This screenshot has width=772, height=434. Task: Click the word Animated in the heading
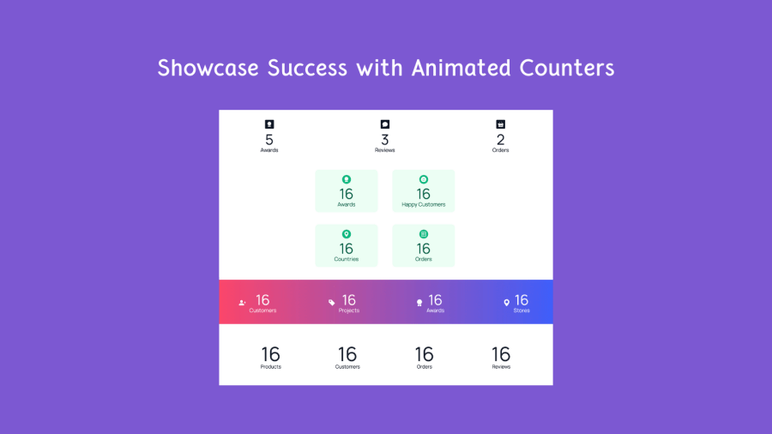[x=461, y=68]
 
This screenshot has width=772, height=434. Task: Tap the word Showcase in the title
[x=208, y=68]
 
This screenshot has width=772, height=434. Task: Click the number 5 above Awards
[x=269, y=140]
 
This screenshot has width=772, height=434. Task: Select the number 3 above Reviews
[x=385, y=140]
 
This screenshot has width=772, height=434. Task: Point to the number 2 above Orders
[x=500, y=140]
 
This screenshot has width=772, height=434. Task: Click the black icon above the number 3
[x=385, y=124]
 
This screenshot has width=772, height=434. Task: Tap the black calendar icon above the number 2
[x=500, y=124]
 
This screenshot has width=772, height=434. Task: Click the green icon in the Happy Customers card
[x=424, y=179]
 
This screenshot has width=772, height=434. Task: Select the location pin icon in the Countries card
[x=347, y=234]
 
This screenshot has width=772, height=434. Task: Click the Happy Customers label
[x=424, y=205]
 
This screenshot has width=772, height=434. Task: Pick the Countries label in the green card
[x=347, y=259]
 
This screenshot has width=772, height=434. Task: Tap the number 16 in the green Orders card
[x=424, y=249]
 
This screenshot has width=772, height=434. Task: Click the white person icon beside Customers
[x=242, y=303]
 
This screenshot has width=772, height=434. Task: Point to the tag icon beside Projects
[x=331, y=302]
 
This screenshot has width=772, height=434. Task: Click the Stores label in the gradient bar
[x=522, y=310]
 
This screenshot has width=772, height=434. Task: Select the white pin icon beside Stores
[x=506, y=303]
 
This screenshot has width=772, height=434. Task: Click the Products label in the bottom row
[x=271, y=366]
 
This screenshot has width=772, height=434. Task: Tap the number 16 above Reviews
[x=501, y=354]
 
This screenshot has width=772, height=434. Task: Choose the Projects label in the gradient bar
[x=349, y=310]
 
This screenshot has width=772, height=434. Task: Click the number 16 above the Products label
[x=271, y=354]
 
